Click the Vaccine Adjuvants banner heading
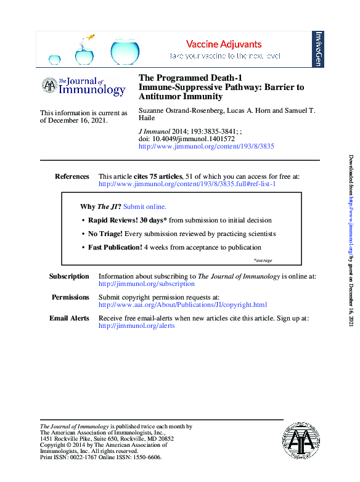tap(224, 44)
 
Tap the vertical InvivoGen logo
tap(319, 49)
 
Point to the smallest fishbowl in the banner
tap(55, 60)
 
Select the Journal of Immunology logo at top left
tap(83, 86)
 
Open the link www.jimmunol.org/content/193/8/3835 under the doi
tap(207, 147)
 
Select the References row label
tap(72, 176)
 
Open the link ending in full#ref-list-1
tap(187, 184)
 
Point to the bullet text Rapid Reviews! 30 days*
tap(127, 220)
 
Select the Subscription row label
tap(69, 277)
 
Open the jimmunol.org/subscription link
tap(147, 284)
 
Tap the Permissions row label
tap(70, 297)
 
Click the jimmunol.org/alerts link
tap(137, 325)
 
